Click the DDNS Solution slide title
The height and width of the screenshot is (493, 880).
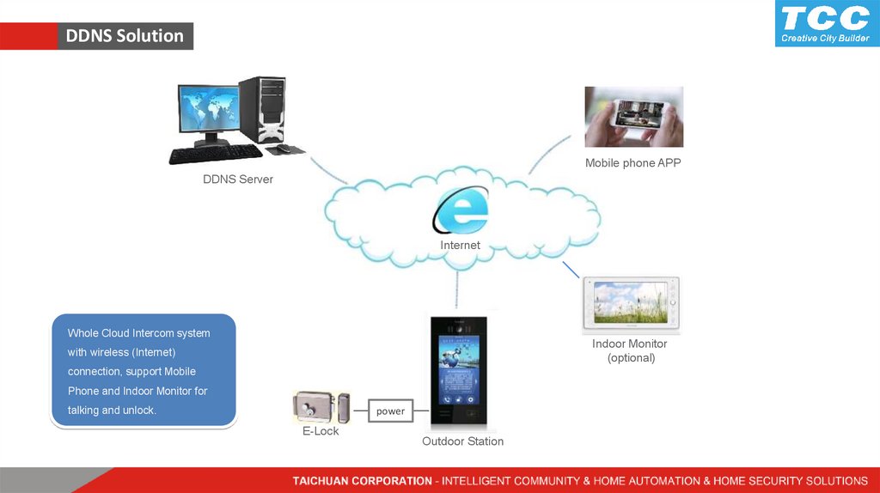(x=125, y=36)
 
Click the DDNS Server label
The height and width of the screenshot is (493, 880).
(x=238, y=180)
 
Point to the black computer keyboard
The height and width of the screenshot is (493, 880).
(x=215, y=155)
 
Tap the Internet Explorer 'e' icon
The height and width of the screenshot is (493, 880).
(x=461, y=211)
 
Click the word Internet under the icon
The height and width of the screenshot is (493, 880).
(x=461, y=246)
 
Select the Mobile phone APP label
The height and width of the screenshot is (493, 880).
(x=632, y=163)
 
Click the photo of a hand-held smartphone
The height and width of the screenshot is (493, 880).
(x=633, y=117)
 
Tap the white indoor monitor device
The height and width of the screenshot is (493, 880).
(x=631, y=304)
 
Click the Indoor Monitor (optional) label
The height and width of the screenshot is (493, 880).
(x=630, y=350)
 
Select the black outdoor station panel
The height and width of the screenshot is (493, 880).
(x=458, y=371)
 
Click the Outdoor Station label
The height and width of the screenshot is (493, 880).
(x=462, y=441)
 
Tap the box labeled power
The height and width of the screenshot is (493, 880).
(x=390, y=411)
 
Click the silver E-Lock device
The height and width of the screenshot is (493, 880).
(x=320, y=407)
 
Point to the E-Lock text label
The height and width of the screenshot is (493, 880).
(x=321, y=431)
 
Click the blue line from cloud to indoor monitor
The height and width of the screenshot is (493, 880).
(x=572, y=271)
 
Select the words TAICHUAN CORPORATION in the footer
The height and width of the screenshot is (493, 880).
(x=362, y=481)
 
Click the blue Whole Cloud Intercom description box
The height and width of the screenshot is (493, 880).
(x=144, y=371)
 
